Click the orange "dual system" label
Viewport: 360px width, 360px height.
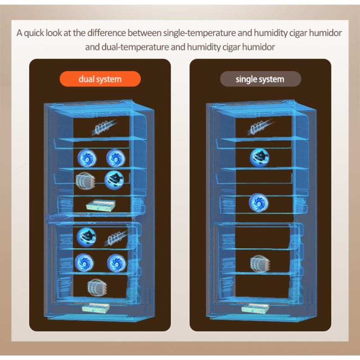tap(100, 79)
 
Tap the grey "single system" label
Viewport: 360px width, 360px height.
tap(261, 79)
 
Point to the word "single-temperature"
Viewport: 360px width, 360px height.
tap(199, 33)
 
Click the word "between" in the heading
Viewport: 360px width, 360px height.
tap(144, 33)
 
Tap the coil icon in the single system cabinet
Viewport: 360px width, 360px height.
tap(260, 126)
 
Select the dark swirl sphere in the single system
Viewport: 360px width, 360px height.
tap(260, 157)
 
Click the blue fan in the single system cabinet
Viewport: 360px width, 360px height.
tap(258, 203)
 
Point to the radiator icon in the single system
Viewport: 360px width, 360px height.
tap(260, 264)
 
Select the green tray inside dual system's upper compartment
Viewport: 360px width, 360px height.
tap(100, 205)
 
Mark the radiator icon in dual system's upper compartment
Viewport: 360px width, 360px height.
tap(85, 181)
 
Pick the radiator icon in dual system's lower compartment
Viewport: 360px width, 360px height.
tap(97, 287)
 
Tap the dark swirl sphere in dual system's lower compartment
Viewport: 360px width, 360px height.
tap(86, 237)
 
